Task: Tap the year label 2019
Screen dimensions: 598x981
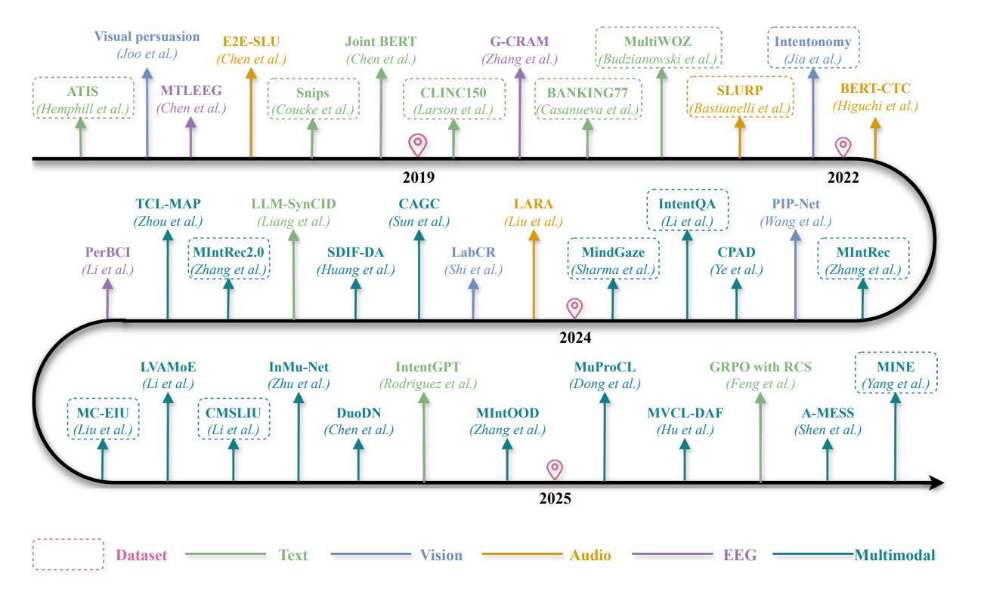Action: (x=418, y=178)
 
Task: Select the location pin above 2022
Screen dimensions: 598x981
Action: (x=842, y=146)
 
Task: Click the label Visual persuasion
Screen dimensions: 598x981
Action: (x=147, y=36)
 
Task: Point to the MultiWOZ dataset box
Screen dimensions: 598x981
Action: (x=658, y=48)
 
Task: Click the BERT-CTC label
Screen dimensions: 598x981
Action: (x=875, y=89)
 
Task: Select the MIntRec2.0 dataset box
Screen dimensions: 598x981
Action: (x=228, y=259)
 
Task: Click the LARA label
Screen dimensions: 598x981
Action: (x=533, y=204)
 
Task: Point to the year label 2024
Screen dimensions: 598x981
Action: (x=575, y=338)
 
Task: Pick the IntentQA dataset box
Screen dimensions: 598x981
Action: (x=687, y=211)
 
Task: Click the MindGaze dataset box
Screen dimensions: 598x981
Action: (x=613, y=259)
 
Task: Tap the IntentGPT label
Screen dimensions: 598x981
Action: (x=428, y=368)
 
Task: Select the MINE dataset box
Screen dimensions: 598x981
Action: (x=896, y=374)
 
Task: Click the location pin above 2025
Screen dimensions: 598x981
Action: (x=555, y=469)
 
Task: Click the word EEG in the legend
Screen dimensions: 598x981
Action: (x=739, y=555)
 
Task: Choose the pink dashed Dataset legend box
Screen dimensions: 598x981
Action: (x=68, y=554)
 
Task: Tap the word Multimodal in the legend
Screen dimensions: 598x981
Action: (x=894, y=555)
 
